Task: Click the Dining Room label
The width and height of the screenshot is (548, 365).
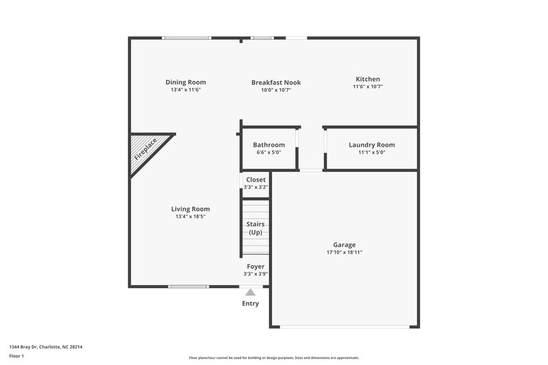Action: click(186, 82)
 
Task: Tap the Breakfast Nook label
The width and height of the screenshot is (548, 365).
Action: click(276, 82)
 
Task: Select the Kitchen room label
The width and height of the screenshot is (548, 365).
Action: click(367, 79)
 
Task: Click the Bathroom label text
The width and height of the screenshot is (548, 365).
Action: click(269, 144)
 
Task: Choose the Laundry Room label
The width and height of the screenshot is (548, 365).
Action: click(371, 144)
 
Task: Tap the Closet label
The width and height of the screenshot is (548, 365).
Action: click(256, 179)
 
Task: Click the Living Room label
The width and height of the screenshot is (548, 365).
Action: click(190, 209)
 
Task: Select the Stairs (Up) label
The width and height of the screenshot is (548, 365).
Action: click(256, 228)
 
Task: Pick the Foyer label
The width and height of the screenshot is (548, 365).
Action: click(256, 266)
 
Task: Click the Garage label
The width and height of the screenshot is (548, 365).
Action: click(344, 244)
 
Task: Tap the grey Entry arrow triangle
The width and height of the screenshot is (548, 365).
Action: click(251, 292)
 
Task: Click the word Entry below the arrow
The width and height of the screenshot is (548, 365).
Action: click(251, 303)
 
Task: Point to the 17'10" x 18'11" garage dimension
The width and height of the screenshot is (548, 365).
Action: click(344, 253)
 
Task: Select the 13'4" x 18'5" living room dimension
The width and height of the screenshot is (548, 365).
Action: click(190, 216)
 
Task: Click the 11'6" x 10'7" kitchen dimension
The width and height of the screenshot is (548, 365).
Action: click(367, 86)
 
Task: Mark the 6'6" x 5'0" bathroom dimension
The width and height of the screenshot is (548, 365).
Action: click(269, 152)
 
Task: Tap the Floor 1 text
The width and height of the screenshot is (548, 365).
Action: click(16, 357)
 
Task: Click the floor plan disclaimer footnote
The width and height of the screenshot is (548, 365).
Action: click(274, 357)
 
